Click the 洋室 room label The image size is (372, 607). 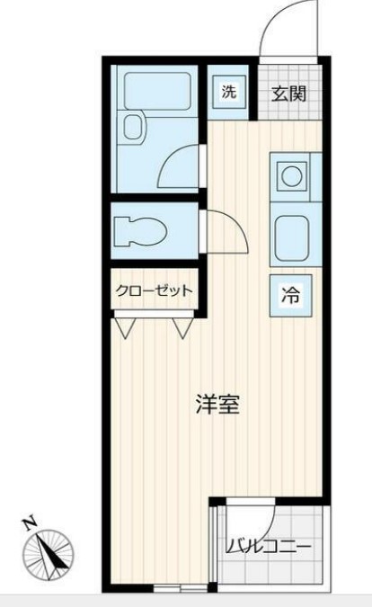(217, 405)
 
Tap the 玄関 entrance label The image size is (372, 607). (290, 92)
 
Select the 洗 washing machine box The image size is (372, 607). (229, 91)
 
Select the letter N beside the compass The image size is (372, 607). (30, 522)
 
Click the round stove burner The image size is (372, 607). (291, 175)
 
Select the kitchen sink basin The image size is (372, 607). (291, 237)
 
